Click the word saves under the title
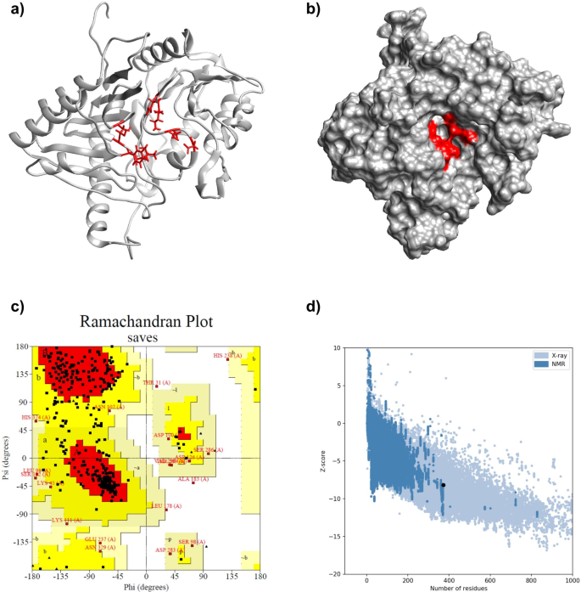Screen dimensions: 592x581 click(x=146, y=337)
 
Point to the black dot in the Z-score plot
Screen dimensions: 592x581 click(x=443, y=485)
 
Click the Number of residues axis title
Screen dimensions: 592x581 click(x=468, y=588)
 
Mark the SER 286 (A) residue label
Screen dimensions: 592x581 click(x=209, y=449)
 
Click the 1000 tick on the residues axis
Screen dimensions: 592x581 click(x=571, y=578)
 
